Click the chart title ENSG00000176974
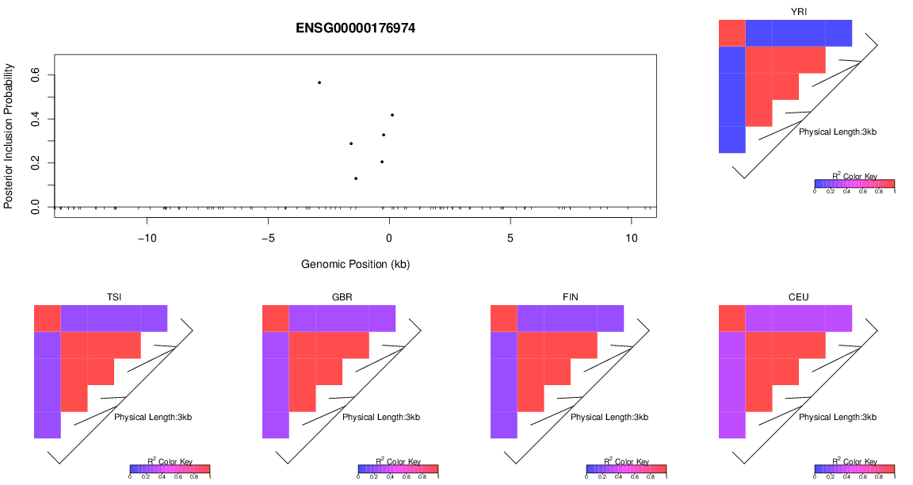click(x=355, y=29)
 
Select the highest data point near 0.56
click(x=319, y=82)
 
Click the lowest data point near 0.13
click(x=356, y=178)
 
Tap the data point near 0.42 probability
click(x=392, y=115)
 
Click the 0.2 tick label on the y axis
click(x=35, y=163)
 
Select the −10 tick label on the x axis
click(x=147, y=239)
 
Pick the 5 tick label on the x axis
click(x=510, y=239)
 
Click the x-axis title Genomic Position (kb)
click(x=355, y=264)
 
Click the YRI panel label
click(x=799, y=11)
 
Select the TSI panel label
click(x=114, y=297)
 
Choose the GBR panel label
click(x=342, y=297)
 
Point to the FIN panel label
click(x=571, y=297)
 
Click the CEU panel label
click(x=799, y=297)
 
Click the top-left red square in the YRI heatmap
click(x=732, y=33)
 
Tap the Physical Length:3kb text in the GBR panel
click(x=381, y=417)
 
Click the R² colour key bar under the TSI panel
click(x=170, y=469)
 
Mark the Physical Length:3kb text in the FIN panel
click(x=609, y=417)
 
